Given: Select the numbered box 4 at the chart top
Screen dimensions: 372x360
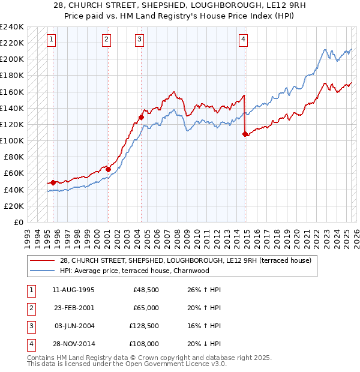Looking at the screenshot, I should pos(244,40).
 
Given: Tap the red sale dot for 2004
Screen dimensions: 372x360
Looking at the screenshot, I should pos(141,117).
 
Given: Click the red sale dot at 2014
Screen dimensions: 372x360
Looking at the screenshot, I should pos(245,134).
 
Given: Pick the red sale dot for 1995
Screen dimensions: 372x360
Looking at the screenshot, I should pos(53,182).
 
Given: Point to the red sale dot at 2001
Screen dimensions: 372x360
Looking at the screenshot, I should pos(108,169).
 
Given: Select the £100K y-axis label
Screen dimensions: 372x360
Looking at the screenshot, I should pos(12,140).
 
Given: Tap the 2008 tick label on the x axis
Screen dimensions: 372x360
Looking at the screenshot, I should pos(177,235).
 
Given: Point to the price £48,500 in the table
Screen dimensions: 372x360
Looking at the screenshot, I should pos(146,289).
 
